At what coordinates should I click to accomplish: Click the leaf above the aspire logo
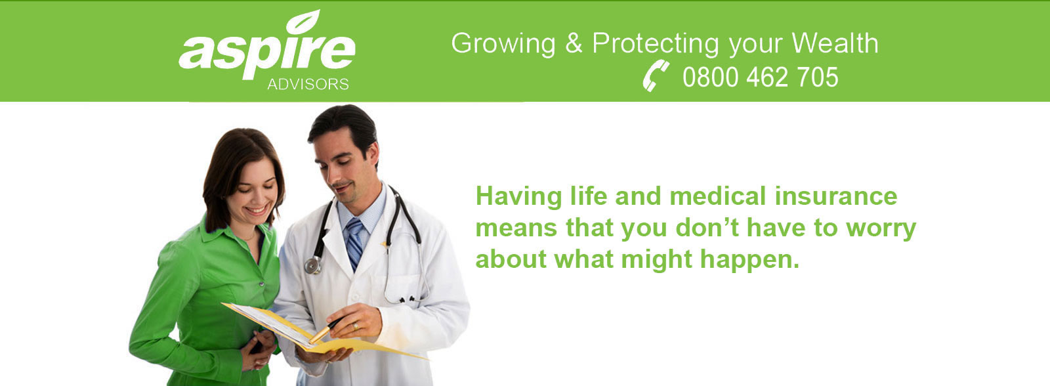tap(303, 22)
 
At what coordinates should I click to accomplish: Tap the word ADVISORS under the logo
tap(308, 84)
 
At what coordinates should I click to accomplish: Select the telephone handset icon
tap(656, 76)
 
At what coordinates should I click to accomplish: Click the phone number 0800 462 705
tap(761, 77)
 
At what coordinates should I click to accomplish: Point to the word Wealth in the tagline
tap(835, 43)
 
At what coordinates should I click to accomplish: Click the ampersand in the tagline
tap(574, 43)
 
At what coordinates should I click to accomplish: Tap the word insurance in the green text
tap(836, 196)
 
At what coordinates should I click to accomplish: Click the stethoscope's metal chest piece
tap(312, 265)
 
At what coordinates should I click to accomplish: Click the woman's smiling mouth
tap(257, 209)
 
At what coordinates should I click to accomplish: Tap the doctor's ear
tap(373, 154)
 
